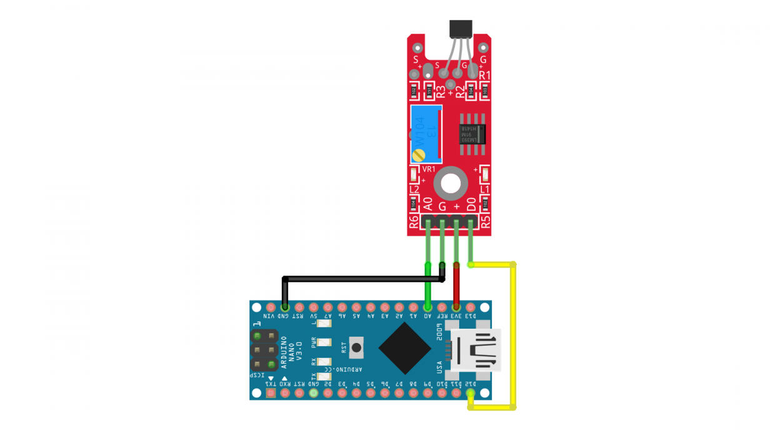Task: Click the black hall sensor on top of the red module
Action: (x=461, y=30)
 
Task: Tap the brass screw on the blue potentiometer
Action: (x=420, y=154)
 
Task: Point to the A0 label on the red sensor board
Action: (x=428, y=204)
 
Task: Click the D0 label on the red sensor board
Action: (x=471, y=204)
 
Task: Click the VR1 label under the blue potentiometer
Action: (x=429, y=169)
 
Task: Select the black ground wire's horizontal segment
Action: (x=362, y=279)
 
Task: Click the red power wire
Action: (x=456, y=284)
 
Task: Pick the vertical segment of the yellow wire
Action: (x=513, y=337)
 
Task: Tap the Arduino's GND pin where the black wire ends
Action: (x=285, y=307)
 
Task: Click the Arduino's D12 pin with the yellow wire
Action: (x=470, y=394)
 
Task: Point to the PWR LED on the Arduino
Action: (x=324, y=342)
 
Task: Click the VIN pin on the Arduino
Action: (x=271, y=307)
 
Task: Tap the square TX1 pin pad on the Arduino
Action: (x=271, y=394)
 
